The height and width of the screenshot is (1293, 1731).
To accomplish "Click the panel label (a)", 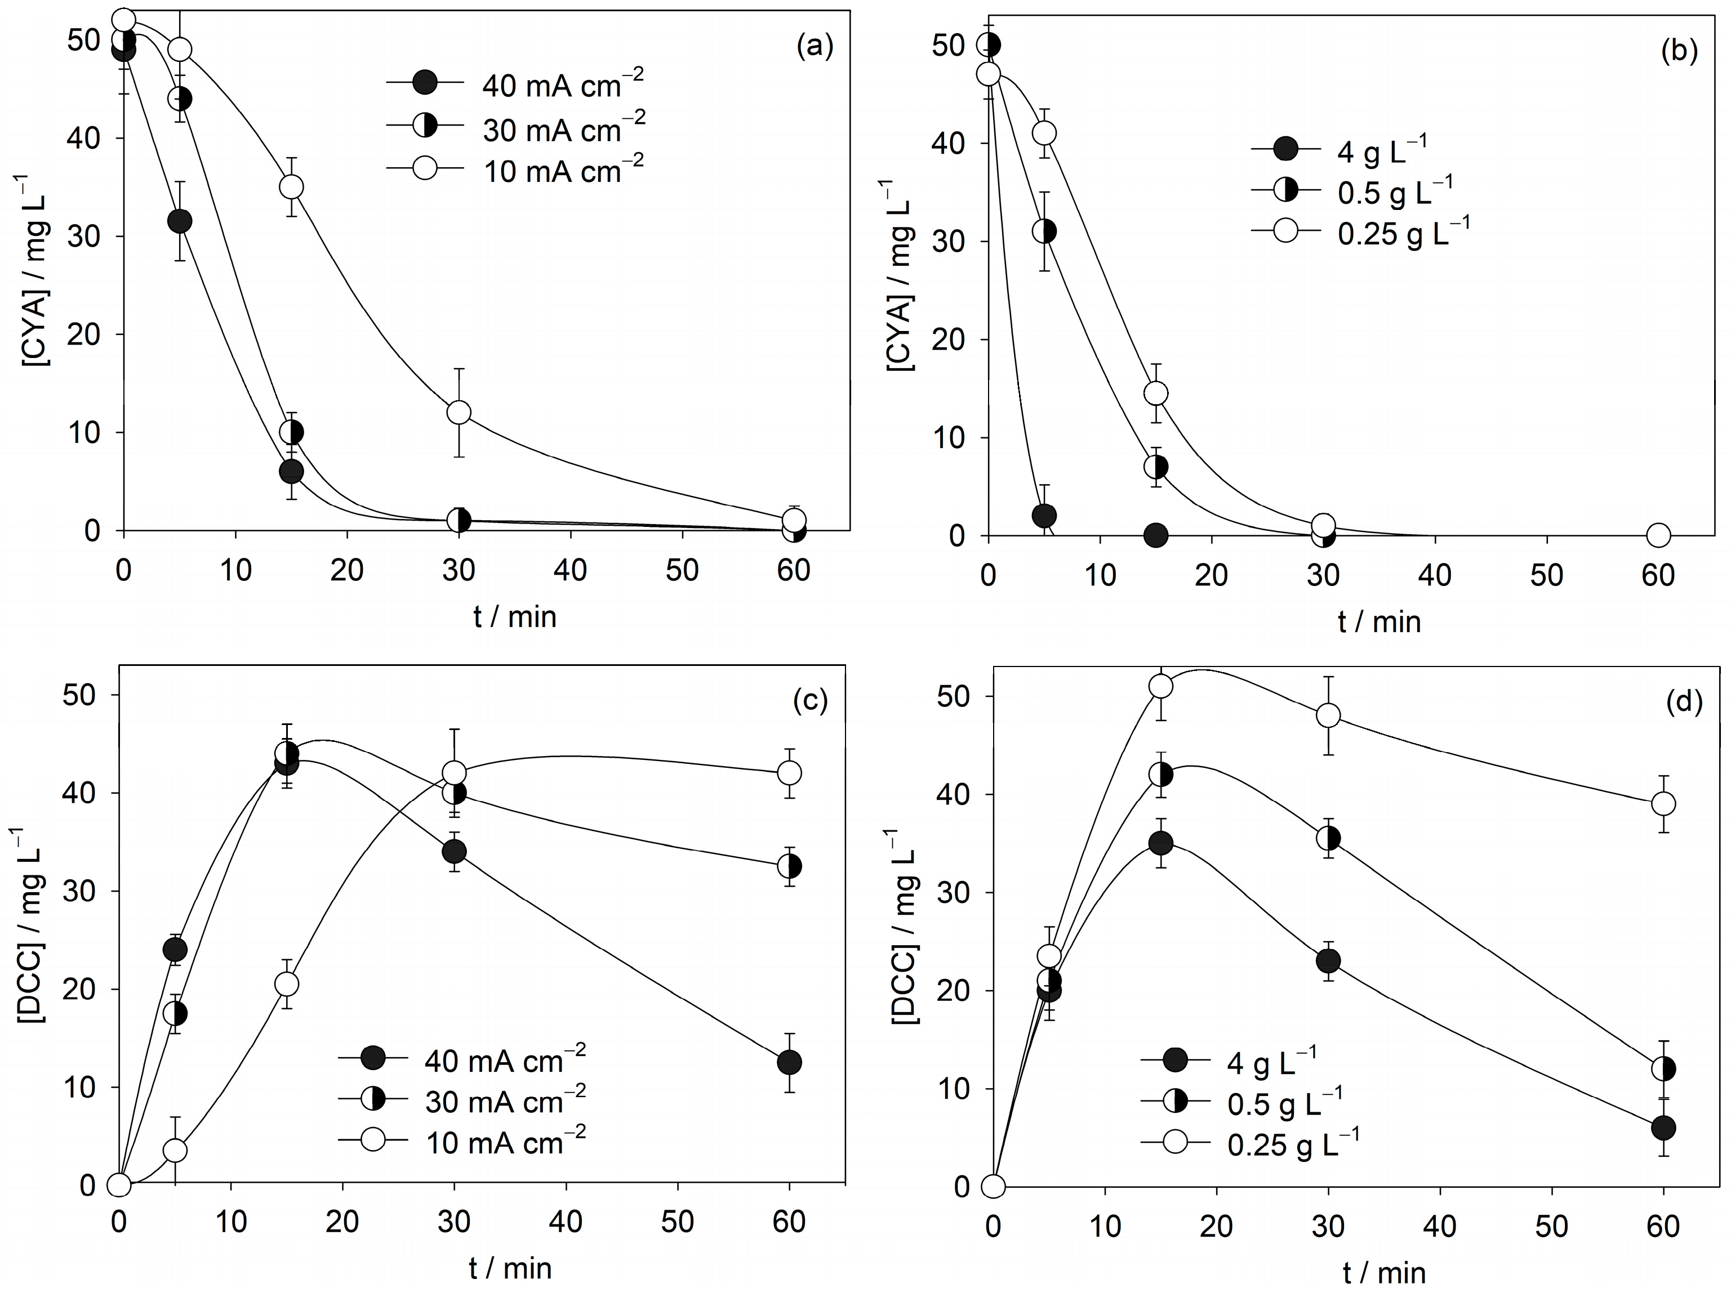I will tap(815, 47).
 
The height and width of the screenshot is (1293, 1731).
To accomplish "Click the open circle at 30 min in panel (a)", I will tap(459, 412).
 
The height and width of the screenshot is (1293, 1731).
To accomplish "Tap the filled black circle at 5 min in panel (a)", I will tap(179, 221).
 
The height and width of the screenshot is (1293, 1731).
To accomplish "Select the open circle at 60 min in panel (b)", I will tap(1658, 536).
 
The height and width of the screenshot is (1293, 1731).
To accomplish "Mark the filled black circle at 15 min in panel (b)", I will tap(1156, 536).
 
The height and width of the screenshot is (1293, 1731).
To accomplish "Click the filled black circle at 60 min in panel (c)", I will tap(789, 1062).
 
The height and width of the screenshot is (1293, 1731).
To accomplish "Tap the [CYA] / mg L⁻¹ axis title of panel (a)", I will tap(32, 270).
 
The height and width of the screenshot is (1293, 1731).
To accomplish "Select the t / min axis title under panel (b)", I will tap(1379, 622).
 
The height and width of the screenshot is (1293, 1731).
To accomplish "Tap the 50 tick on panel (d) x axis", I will tap(1551, 1225).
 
